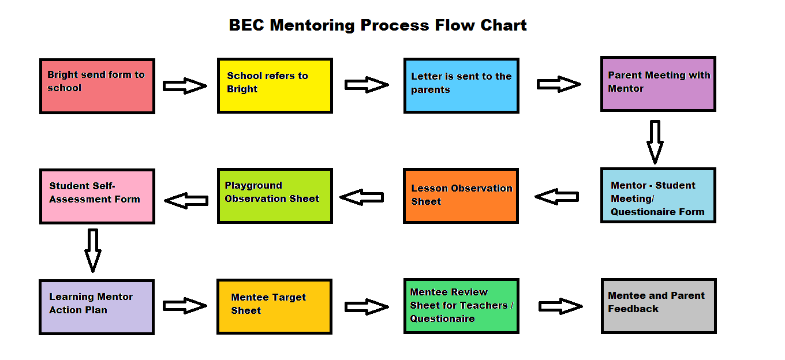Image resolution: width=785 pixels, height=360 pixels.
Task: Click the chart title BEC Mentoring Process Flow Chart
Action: [x=377, y=25]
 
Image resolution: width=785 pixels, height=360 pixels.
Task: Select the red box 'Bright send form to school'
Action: [x=97, y=86]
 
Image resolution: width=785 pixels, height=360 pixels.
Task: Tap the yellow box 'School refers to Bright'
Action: [x=275, y=86]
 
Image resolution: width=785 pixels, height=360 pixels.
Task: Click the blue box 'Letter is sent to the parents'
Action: [x=461, y=86]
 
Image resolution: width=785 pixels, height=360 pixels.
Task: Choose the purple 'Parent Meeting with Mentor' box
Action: [x=658, y=84]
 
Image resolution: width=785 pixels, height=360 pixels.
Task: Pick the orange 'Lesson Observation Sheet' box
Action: [x=461, y=196]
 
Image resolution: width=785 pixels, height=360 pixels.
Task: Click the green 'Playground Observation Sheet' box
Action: [x=275, y=196]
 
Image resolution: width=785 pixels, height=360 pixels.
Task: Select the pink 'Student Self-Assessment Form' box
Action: [x=97, y=197]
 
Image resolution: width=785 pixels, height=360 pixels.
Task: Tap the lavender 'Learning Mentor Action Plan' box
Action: [x=97, y=307]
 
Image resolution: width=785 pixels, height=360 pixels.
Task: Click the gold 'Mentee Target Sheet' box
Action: [x=274, y=307]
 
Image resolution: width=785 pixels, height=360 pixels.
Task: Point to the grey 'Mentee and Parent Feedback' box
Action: [x=659, y=306]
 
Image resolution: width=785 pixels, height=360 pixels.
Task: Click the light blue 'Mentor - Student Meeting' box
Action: [x=658, y=196]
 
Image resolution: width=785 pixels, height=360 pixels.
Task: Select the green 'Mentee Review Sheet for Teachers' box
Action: [x=461, y=306]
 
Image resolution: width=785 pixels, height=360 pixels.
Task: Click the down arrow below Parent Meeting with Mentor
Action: [x=655, y=142]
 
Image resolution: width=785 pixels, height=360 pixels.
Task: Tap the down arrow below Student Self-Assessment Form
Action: [x=93, y=251]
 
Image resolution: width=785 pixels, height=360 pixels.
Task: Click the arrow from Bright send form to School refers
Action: [x=185, y=86]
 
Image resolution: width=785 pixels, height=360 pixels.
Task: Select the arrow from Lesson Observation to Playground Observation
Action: [x=362, y=197]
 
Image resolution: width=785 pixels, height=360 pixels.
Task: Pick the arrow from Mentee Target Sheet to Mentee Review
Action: [x=367, y=307]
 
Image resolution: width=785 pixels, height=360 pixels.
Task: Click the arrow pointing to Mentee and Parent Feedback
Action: [x=560, y=306]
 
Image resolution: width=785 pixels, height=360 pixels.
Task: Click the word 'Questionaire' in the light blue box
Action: [x=657, y=212]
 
